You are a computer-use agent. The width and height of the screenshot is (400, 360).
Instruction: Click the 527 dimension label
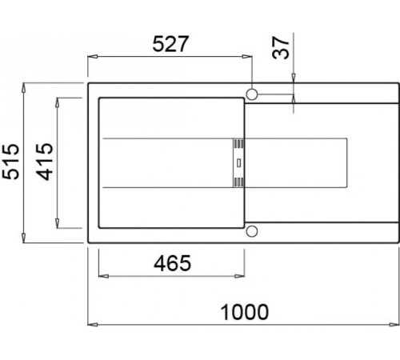170,44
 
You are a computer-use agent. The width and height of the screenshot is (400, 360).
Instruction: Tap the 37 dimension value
281,48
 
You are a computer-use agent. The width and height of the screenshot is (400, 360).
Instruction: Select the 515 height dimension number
10,162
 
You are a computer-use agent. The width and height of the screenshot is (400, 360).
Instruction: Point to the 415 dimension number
45,162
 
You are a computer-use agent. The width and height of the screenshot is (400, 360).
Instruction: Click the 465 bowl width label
173,263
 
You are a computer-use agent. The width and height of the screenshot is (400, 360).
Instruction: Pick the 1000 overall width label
245,312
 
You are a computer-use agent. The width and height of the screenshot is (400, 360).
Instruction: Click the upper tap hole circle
252,94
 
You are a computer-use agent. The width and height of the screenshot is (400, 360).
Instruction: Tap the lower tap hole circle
252,231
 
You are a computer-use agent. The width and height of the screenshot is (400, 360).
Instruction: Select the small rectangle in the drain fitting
239,163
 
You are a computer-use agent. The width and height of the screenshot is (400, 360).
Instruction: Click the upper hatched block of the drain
238,144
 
